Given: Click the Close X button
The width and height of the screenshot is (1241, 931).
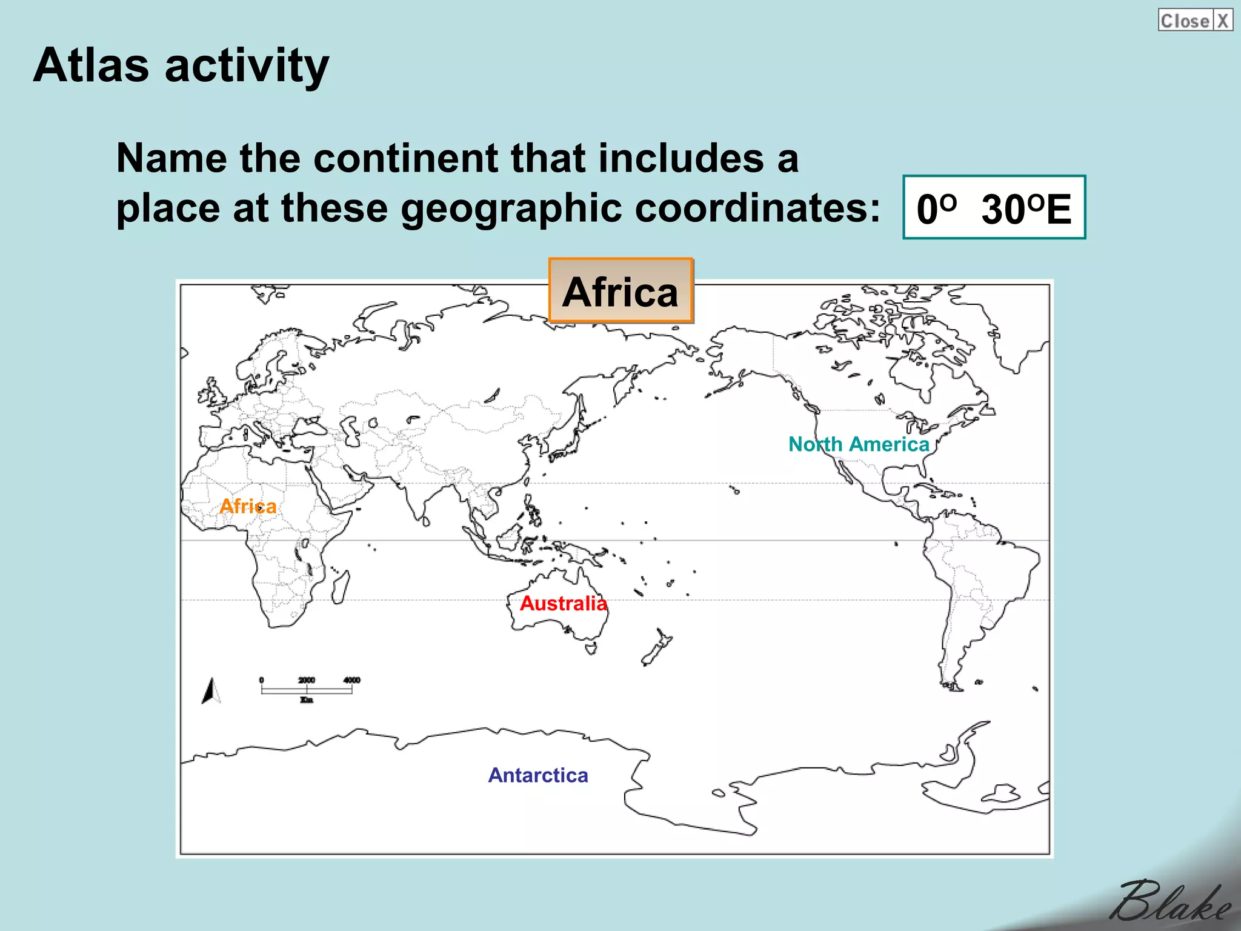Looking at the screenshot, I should pos(1195,21).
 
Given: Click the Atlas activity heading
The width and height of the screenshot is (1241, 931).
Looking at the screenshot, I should pos(181,65).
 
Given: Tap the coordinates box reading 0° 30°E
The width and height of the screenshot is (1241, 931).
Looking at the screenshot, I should pos(994,208).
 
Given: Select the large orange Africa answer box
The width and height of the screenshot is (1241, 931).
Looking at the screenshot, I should pos(620,291).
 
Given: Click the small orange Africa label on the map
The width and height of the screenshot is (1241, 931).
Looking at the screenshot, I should pos(248,506).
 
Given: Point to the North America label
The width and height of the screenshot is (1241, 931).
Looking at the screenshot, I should pos(858,444).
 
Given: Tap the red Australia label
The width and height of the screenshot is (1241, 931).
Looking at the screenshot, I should pos(563,603).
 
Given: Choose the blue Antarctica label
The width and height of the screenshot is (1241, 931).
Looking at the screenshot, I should pos(538,775).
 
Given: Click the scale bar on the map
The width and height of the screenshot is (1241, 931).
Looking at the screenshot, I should pos(307,690).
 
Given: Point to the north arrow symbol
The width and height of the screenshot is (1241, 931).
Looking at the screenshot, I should pos(211,691).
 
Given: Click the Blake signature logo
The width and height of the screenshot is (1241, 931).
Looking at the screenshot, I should pos(1169,901).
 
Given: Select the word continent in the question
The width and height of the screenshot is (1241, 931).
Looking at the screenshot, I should pos(410,158).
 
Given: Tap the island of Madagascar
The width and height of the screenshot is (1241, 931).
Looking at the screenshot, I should pos(340,587).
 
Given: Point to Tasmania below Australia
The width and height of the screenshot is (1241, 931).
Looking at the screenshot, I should pos(591,649).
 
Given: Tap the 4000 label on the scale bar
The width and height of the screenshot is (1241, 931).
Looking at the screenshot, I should pos(351,680).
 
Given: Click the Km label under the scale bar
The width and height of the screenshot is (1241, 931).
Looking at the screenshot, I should pos(307,700).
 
